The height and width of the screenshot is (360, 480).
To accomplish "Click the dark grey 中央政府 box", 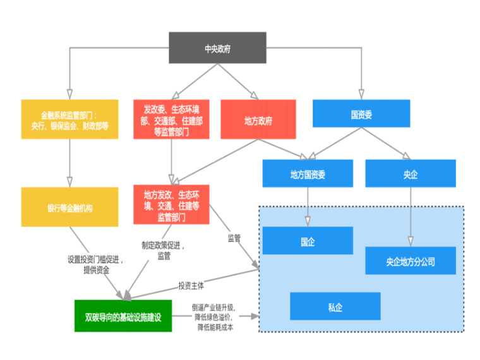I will tap(217, 48).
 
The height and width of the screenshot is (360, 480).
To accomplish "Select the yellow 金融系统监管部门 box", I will tap(69, 119).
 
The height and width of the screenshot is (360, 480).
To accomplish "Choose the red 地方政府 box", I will tap(258, 119).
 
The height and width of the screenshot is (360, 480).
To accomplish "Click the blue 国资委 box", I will tap(361, 114).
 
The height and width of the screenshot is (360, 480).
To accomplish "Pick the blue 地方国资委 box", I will tap(308, 174).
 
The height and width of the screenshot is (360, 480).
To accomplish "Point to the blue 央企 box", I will tap(411, 174).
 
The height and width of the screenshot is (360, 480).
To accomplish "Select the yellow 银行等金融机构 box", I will tap(69, 207).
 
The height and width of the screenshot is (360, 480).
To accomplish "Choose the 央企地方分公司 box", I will tap(411, 260).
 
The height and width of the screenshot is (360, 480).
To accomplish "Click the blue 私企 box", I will tap(335, 306).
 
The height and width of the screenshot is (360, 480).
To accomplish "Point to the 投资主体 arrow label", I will tap(191, 285).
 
